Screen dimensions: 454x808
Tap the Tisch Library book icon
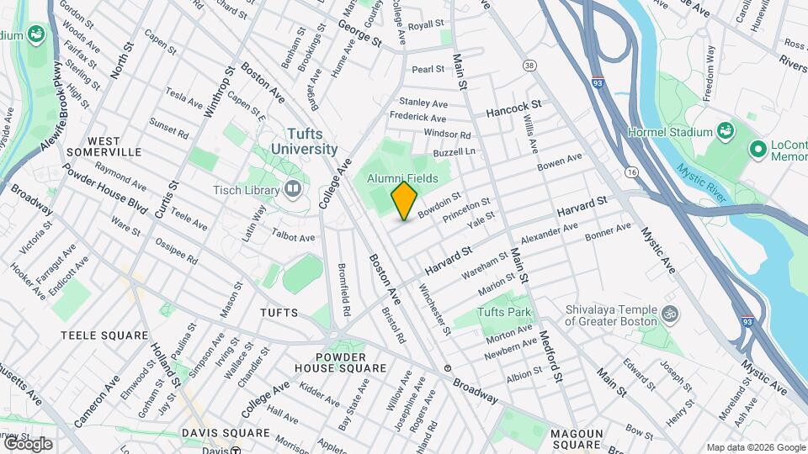click(x=292, y=188)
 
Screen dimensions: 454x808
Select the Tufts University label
click(x=304, y=140)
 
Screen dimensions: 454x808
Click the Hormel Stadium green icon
click(x=724, y=131)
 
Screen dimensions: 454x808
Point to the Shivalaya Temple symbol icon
click(x=671, y=314)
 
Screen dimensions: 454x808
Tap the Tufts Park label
click(x=505, y=313)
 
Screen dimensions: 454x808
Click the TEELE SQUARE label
click(x=104, y=335)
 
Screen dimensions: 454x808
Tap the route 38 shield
click(x=529, y=65)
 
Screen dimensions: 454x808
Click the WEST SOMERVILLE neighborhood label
click(x=114, y=146)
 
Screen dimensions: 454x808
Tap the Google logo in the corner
click(x=27, y=443)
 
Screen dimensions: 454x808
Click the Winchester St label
click(x=435, y=309)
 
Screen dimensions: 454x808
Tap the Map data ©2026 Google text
click(x=754, y=447)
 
